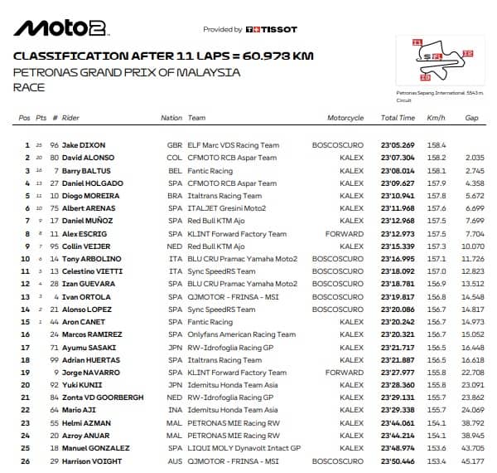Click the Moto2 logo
60,29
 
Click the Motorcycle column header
345,118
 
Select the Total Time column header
398,118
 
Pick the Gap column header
471,118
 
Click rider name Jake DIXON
84,145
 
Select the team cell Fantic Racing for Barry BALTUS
210,170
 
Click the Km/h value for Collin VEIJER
436,246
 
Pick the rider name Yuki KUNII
81,385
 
